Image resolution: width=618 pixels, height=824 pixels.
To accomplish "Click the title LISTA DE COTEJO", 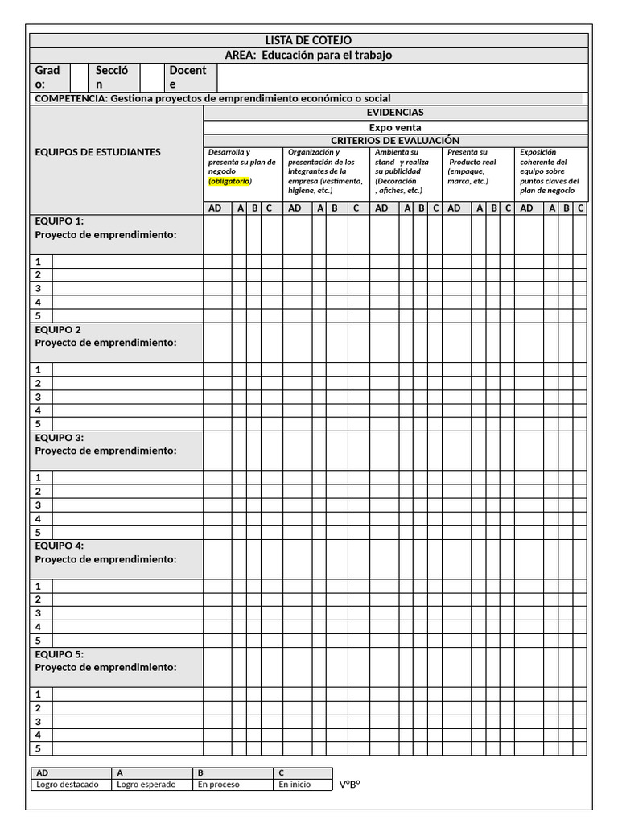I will (x=308, y=40).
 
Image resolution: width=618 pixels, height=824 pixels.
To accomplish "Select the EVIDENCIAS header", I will (x=394, y=113).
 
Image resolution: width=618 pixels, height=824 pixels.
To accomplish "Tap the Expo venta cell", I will (x=394, y=127).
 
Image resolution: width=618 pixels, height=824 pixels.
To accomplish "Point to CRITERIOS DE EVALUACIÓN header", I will (x=394, y=141).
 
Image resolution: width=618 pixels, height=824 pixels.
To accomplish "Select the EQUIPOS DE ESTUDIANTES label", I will (x=97, y=152).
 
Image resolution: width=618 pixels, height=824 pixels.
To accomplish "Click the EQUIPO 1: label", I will (x=60, y=221).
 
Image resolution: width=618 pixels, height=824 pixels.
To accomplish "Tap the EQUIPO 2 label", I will (x=58, y=330).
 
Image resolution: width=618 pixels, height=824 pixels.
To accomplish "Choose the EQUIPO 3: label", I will (x=60, y=438).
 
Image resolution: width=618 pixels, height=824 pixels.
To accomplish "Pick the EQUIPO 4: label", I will (x=60, y=546).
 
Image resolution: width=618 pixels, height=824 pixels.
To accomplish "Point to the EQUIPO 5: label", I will (x=60, y=654).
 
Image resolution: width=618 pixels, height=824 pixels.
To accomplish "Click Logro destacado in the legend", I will (x=68, y=785).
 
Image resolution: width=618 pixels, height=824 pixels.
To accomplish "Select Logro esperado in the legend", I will (x=146, y=785).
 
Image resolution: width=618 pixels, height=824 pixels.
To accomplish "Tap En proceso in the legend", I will (x=218, y=785).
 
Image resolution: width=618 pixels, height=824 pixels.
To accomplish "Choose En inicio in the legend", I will (x=295, y=785).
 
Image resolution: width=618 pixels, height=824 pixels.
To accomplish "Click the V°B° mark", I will (x=349, y=785).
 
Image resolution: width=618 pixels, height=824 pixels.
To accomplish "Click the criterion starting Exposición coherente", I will (x=550, y=171).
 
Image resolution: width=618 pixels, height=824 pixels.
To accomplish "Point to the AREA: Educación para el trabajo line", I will (x=308, y=56).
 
